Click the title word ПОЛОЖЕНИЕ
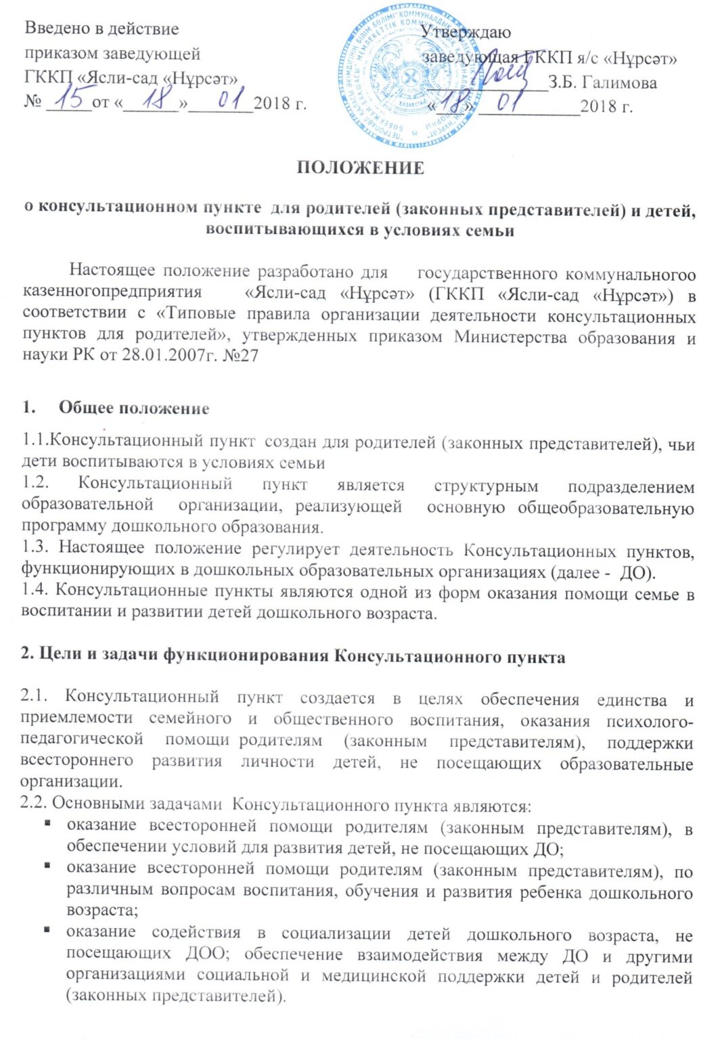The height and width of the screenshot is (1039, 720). (360, 168)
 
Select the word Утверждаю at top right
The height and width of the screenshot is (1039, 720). (466, 32)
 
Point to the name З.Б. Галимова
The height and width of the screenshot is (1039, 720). (602, 83)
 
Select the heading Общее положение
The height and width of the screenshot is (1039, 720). (134, 408)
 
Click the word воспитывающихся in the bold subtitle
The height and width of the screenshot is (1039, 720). (285, 230)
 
